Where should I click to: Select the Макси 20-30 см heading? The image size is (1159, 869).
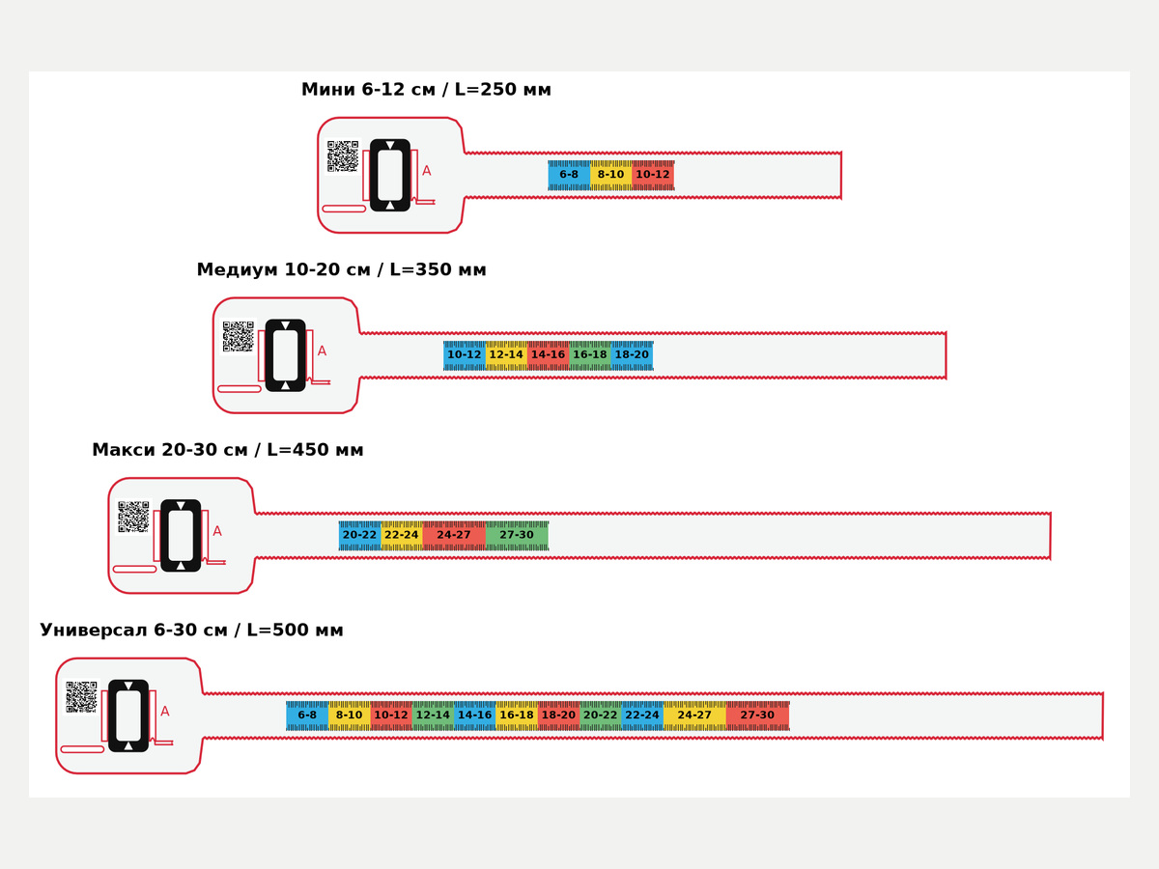point(169,450)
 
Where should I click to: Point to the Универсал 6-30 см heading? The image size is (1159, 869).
point(135,630)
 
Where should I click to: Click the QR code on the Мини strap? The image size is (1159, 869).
point(343,156)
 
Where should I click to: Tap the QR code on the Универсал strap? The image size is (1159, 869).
point(81,696)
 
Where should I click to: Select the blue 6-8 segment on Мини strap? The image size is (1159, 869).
point(569,175)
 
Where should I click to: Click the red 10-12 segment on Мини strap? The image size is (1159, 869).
point(653,175)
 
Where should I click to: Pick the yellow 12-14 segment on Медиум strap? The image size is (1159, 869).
point(506,355)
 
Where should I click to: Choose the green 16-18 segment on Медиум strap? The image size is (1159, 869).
point(590,355)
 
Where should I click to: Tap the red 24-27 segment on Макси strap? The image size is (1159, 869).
point(454,536)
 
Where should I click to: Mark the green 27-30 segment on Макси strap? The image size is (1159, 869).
point(517,536)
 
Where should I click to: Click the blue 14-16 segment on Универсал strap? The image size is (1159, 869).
point(474,715)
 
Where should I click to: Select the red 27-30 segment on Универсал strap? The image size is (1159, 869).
point(758,715)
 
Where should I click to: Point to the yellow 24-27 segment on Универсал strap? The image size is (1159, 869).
point(694,715)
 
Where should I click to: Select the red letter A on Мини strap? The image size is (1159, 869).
point(427,171)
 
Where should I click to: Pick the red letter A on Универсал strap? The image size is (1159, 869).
point(165,712)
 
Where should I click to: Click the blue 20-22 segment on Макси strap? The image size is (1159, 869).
point(359,536)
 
